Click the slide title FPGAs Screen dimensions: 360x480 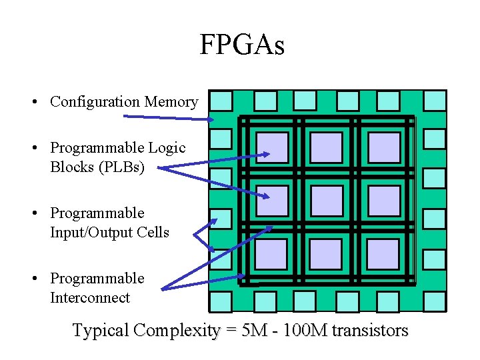click(x=241, y=45)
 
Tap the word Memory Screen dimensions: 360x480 click(x=172, y=102)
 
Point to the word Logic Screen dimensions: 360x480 click(x=166, y=147)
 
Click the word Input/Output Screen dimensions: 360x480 click(x=109, y=232)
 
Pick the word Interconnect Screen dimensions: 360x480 click(x=90, y=297)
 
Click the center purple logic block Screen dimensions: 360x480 click(x=327, y=201)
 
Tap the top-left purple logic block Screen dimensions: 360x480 click(x=273, y=147)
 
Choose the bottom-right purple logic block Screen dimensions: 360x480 click(x=383, y=254)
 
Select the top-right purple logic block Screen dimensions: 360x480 click(x=383, y=147)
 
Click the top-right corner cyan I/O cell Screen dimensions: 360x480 click(x=435, y=101)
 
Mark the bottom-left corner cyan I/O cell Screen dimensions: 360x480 click(x=221, y=301)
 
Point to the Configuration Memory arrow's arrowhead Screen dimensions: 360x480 click(x=211, y=119)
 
